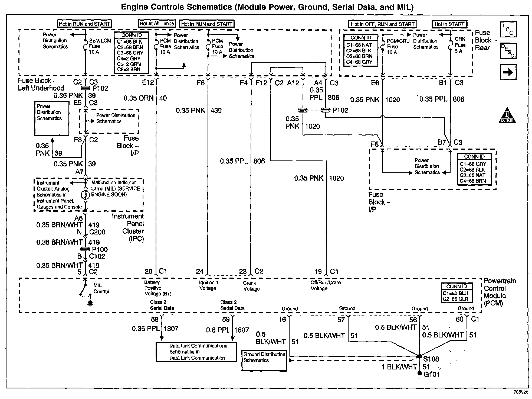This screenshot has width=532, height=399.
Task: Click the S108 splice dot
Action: [419, 356]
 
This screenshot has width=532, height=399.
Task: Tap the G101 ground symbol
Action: [419, 375]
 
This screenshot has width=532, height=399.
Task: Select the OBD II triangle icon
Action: [507, 116]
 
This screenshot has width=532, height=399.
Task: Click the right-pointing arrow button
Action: [508, 72]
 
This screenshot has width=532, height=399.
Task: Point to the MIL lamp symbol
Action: [86, 195]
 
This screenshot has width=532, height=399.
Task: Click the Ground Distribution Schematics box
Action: [264, 360]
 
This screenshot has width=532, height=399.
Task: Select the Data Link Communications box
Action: [196, 352]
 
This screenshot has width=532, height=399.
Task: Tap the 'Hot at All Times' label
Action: [157, 24]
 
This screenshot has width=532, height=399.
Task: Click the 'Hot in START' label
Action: [449, 24]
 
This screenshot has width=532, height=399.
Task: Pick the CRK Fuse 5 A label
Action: [460, 45]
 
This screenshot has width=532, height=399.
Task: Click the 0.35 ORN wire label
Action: [139, 98]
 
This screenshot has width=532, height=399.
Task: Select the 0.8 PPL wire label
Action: [218, 330]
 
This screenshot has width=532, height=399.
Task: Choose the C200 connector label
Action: [97, 232]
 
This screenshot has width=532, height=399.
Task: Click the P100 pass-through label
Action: [100, 249]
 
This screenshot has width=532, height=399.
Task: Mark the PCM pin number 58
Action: [155, 320]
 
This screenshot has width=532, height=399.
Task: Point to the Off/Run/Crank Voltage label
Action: [326, 285]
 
